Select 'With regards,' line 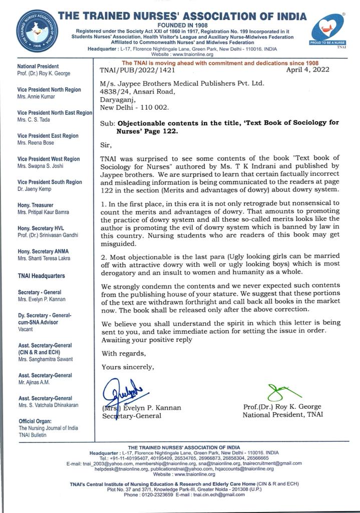coord(123,353)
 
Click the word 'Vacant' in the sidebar coord(26,329)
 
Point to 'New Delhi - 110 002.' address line coord(135,107)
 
